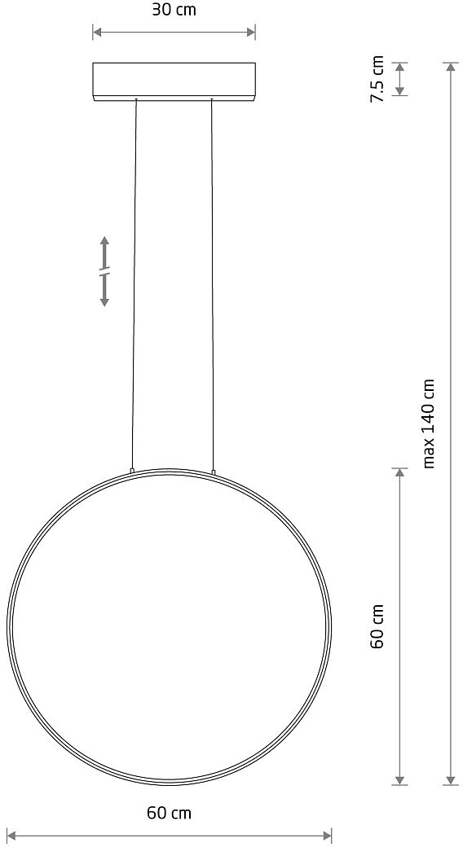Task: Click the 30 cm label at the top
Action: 174,10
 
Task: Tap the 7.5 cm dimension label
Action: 377,79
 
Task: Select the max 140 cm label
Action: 429,423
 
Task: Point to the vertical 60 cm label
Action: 377,626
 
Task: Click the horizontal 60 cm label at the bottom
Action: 169,813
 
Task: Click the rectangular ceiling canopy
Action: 174,81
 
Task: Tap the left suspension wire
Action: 134,283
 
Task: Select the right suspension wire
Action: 212,283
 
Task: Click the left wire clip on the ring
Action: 132,471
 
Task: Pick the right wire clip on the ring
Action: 213,472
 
